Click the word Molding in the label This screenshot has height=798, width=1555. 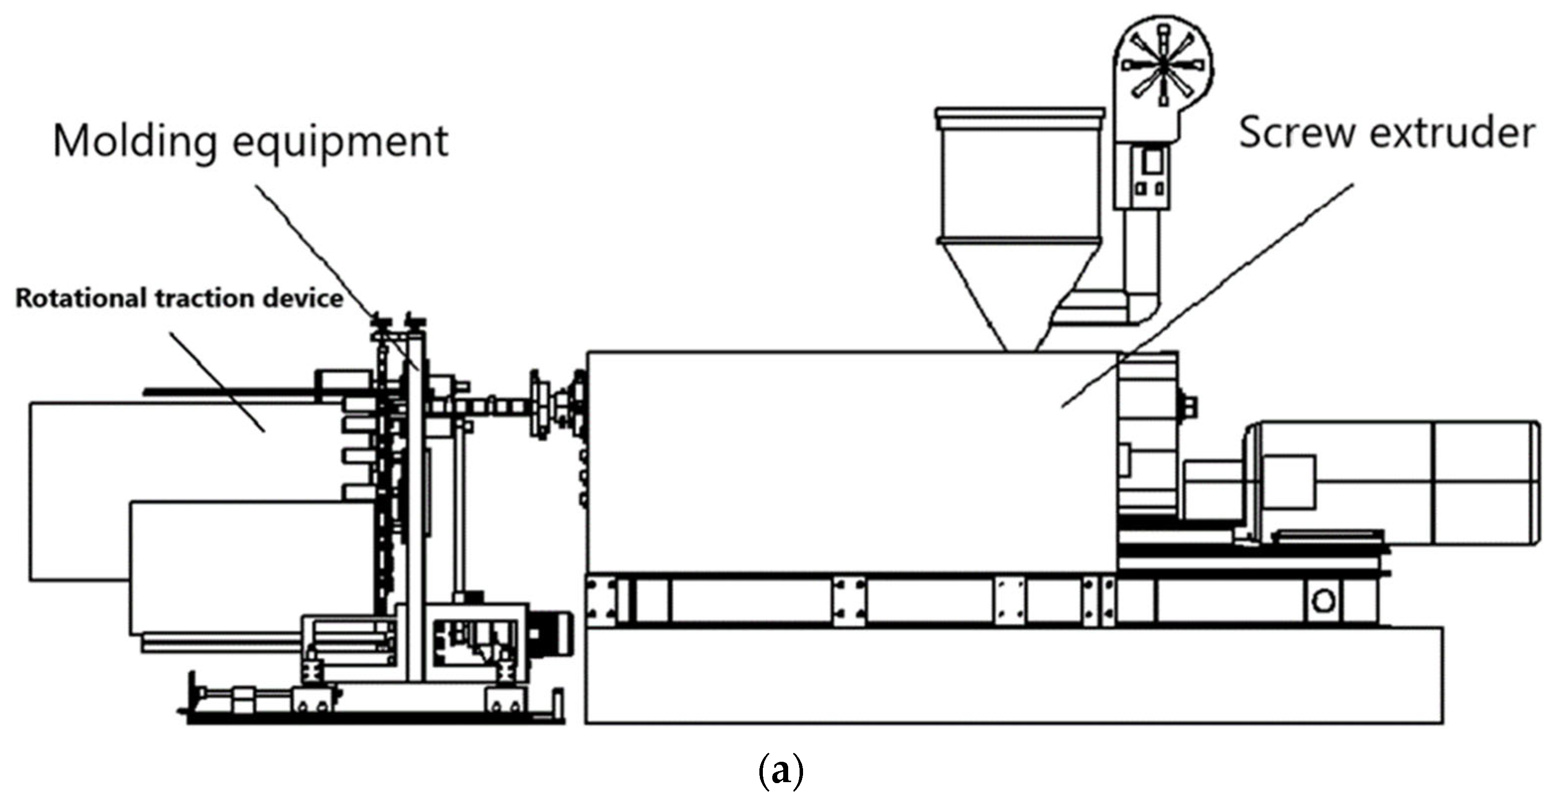tap(134, 141)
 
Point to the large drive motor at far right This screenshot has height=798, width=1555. tap(1394, 483)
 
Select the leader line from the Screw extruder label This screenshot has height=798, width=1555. tap(1207, 296)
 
